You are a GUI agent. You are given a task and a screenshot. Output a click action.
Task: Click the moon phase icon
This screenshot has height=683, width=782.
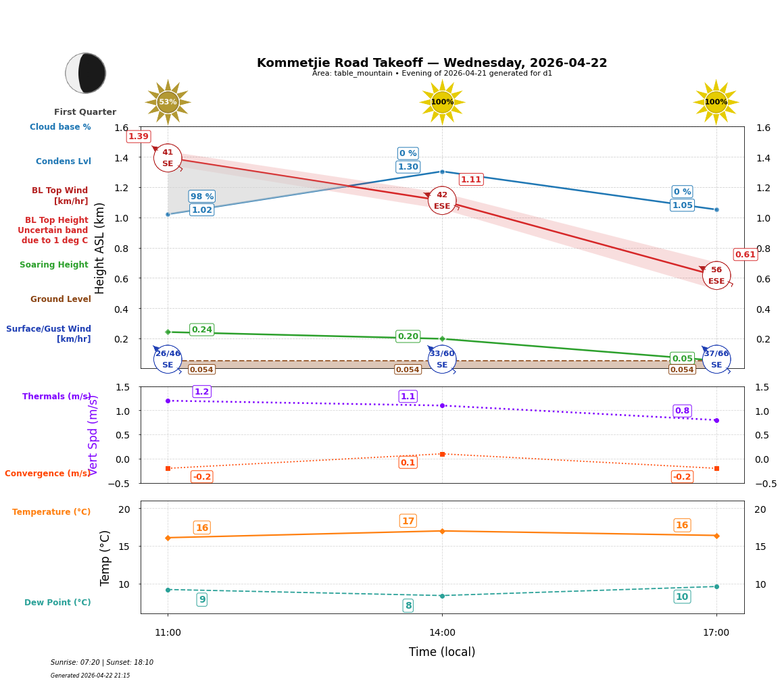click(86, 73)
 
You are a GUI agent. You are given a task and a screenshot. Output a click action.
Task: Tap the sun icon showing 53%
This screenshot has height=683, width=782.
click(168, 102)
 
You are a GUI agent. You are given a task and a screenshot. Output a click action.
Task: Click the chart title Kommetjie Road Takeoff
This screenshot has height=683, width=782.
click(432, 63)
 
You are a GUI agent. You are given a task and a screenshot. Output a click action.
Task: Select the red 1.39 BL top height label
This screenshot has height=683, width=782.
click(139, 136)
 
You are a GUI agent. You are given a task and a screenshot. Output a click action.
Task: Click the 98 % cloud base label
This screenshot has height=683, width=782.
click(201, 197)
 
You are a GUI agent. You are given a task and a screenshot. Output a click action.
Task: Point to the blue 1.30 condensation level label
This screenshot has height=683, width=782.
click(408, 167)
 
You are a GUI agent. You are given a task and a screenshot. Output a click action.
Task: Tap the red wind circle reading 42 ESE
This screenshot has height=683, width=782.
click(442, 201)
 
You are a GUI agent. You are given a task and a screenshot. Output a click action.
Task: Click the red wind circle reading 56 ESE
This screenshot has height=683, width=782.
click(716, 276)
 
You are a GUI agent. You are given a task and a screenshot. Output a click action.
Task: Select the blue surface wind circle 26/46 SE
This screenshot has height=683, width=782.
click(168, 359)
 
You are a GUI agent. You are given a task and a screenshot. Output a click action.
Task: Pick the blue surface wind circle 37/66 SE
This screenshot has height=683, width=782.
click(716, 359)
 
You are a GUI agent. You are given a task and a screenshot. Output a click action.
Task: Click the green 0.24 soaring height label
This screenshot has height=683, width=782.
click(201, 330)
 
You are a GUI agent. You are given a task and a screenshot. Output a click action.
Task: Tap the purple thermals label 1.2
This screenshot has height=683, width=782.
click(201, 392)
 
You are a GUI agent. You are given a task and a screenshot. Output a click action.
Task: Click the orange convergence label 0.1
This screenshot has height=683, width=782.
click(408, 463)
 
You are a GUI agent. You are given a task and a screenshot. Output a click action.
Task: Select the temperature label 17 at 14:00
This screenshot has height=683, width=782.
click(408, 521)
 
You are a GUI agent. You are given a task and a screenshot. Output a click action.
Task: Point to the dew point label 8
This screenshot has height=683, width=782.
click(408, 606)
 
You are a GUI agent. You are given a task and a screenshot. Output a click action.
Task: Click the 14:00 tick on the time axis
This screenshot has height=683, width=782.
click(442, 633)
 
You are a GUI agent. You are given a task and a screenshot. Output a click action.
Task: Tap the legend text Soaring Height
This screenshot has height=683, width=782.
click(54, 265)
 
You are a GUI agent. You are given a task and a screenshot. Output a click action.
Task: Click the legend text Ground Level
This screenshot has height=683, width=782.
click(60, 299)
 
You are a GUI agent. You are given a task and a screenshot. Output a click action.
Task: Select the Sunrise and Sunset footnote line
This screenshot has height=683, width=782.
click(102, 663)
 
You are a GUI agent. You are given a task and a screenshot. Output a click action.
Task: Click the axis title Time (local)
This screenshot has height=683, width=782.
click(442, 652)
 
